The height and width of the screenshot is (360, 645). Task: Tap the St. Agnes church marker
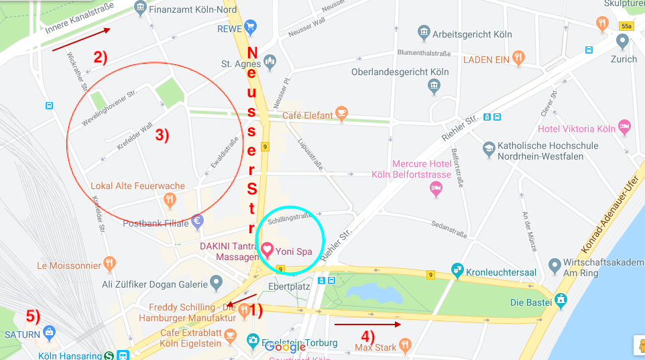click(270, 63)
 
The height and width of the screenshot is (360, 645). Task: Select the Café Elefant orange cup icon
click(341, 115)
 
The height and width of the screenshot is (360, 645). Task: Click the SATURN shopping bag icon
click(49, 331)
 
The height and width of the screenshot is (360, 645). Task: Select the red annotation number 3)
click(162, 135)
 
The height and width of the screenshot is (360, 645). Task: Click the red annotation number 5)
click(33, 314)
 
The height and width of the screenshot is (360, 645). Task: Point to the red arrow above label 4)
click(367, 324)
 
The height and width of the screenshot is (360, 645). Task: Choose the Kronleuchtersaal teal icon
click(457, 271)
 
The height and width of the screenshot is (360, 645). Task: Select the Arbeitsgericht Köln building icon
click(423, 33)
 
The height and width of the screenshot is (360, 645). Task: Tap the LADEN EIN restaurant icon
click(518, 58)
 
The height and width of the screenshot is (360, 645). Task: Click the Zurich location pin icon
click(623, 42)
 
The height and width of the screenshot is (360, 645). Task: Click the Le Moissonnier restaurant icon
click(110, 264)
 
